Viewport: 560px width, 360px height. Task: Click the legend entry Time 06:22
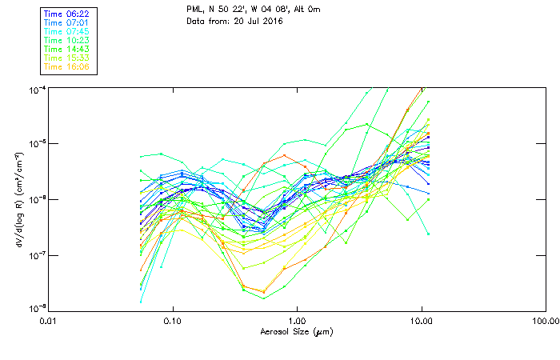[x=66, y=14]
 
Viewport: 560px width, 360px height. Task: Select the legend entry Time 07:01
[x=66, y=22]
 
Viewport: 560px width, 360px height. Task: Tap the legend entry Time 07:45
[x=66, y=31]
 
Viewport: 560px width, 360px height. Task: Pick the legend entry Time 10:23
[x=66, y=40]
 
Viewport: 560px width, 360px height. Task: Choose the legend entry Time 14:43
[x=66, y=49]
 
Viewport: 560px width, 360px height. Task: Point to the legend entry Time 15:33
[x=66, y=58]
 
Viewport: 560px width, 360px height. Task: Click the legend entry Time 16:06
[x=66, y=66]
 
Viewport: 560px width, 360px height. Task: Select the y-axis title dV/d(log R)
[x=18, y=198]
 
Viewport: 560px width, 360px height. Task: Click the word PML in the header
[x=194, y=9]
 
